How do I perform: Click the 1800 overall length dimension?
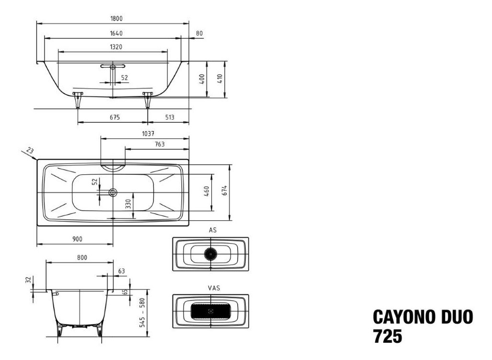pyautogui.click(x=116, y=19)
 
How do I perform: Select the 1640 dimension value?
pyautogui.click(x=116, y=33)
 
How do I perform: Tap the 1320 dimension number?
pyautogui.click(x=116, y=47)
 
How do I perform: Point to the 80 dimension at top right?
pyautogui.click(x=199, y=33)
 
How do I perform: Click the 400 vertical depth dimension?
pyautogui.click(x=202, y=79)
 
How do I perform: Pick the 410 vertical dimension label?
pyautogui.click(x=219, y=79)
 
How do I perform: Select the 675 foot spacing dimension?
pyautogui.click(x=114, y=118)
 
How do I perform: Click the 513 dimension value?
pyautogui.click(x=170, y=118)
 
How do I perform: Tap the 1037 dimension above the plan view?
pyautogui.click(x=148, y=134)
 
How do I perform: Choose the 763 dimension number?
pyautogui.click(x=160, y=144)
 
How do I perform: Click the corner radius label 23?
pyautogui.click(x=30, y=150)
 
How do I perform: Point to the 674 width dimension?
pyautogui.click(x=224, y=191)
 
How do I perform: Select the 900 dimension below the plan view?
pyautogui.click(x=77, y=239)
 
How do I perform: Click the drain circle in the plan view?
pyautogui.click(x=113, y=192)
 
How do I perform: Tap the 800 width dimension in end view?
pyautogui.click(x=82, y=258)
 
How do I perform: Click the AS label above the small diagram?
pyautogui.click(x=213, y=230)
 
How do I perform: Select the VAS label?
pyautogui.click(x=214, y=288)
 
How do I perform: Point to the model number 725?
pyautogui.click(x=388, y=337)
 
